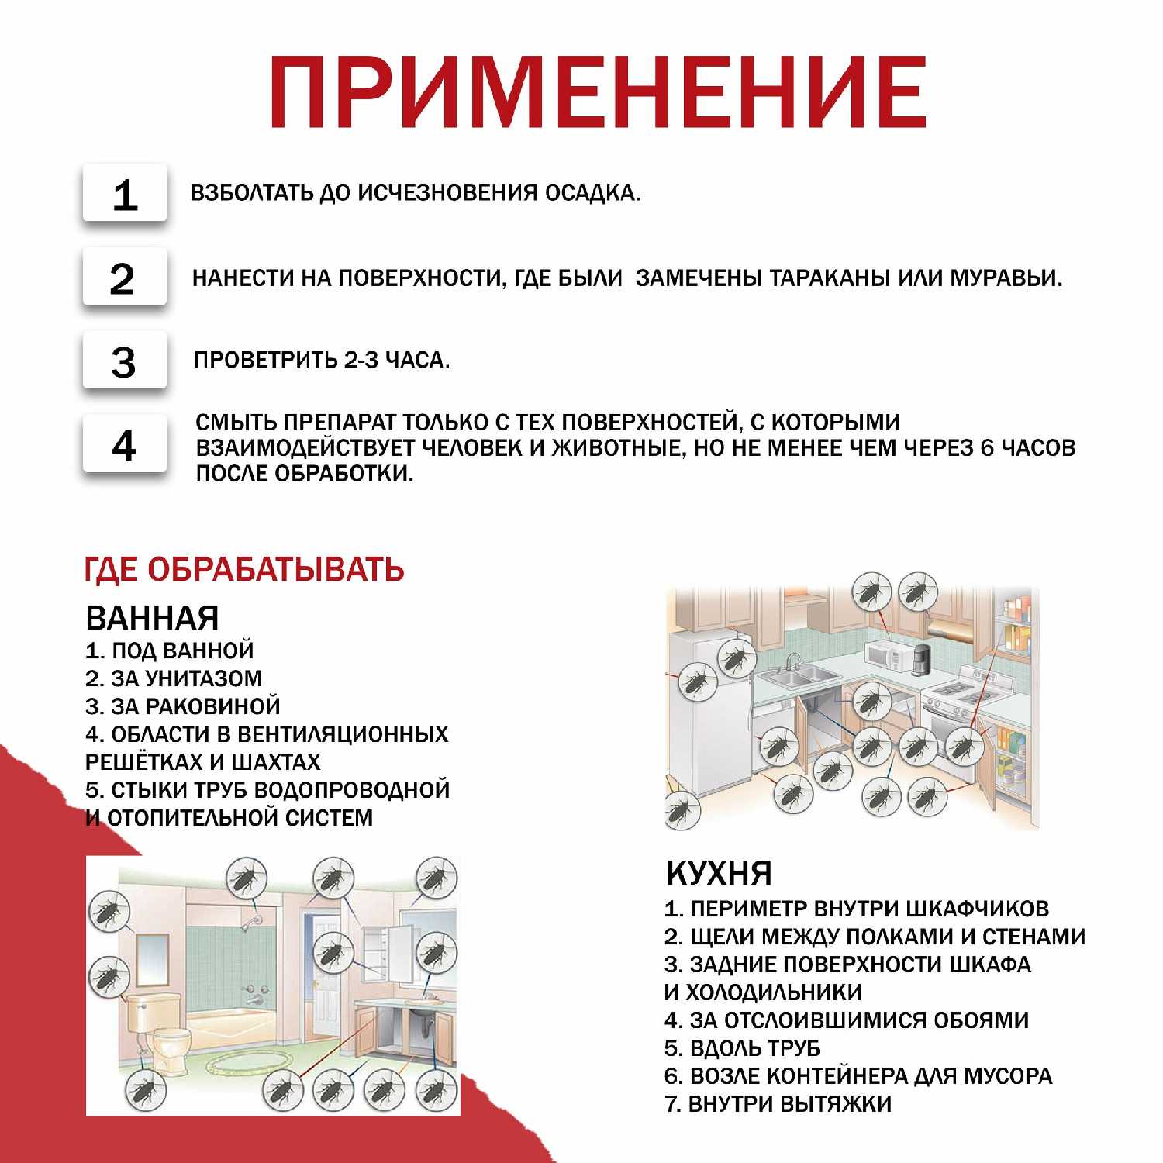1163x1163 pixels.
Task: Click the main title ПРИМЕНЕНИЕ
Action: (x=597, y=91)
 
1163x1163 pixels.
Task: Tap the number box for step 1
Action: (x=125, y=194)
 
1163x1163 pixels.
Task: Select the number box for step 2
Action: (x=125, y=278)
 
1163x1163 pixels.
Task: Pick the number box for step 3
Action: (x=125, y=361)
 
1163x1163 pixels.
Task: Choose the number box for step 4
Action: (x=125, y=445)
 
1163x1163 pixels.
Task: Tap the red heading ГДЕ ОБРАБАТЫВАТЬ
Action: (x=244, y=570)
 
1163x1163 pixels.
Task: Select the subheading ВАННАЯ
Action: (x=153, y=618)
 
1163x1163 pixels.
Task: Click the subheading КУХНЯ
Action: (x=719, y=874)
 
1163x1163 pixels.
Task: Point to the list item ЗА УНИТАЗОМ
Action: (x=186, y=678)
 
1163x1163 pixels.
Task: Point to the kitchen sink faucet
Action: (x=793, y=661)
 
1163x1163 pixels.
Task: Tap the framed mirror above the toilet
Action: (x=152, y=960)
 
